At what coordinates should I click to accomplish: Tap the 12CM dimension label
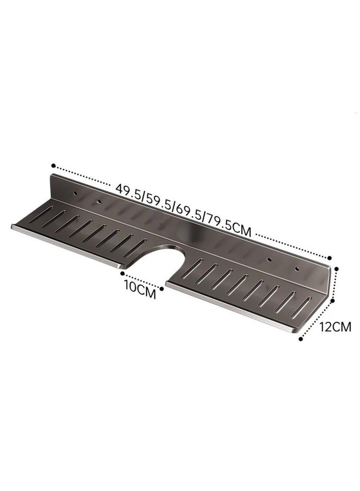[x=335, y=327]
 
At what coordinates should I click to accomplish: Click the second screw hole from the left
[x=98, y=200]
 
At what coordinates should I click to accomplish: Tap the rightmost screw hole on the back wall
[x=296, y=269]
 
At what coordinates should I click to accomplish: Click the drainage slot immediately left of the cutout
[x=139, y=245]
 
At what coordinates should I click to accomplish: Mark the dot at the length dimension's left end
[x=53, y=165]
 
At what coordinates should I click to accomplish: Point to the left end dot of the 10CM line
[x=121, y=272]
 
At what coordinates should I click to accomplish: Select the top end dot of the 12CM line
[x=336, y=268]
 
